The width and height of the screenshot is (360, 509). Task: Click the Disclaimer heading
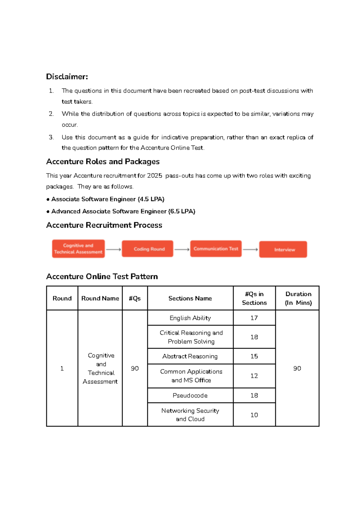[67, 77]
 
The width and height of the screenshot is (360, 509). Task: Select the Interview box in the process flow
[283, 249]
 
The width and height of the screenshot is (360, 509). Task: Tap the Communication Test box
[216, 249]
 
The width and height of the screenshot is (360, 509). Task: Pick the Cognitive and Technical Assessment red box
[78, 249]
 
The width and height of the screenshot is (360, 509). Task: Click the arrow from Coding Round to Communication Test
[182, 249]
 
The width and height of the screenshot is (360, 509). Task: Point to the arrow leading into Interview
[250, 249]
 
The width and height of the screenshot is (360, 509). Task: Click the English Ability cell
[190, 318]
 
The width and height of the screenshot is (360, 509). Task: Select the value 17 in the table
[254, 318]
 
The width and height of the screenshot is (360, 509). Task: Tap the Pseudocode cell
[190, 396]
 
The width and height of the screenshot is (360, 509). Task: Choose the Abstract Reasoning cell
[190, 356]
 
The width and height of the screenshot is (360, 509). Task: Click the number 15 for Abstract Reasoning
[254, 356]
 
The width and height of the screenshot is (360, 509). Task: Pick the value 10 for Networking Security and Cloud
[254, 415]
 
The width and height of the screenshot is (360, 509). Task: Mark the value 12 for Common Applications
[254, 376]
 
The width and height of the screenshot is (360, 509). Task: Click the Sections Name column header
[190, 298]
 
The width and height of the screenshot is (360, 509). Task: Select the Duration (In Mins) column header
[298, 298]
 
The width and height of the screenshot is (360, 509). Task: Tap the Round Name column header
[100, 298]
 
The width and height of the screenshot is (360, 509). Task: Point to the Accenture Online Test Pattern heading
[102, 276]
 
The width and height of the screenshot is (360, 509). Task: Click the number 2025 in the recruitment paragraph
[154, 176]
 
